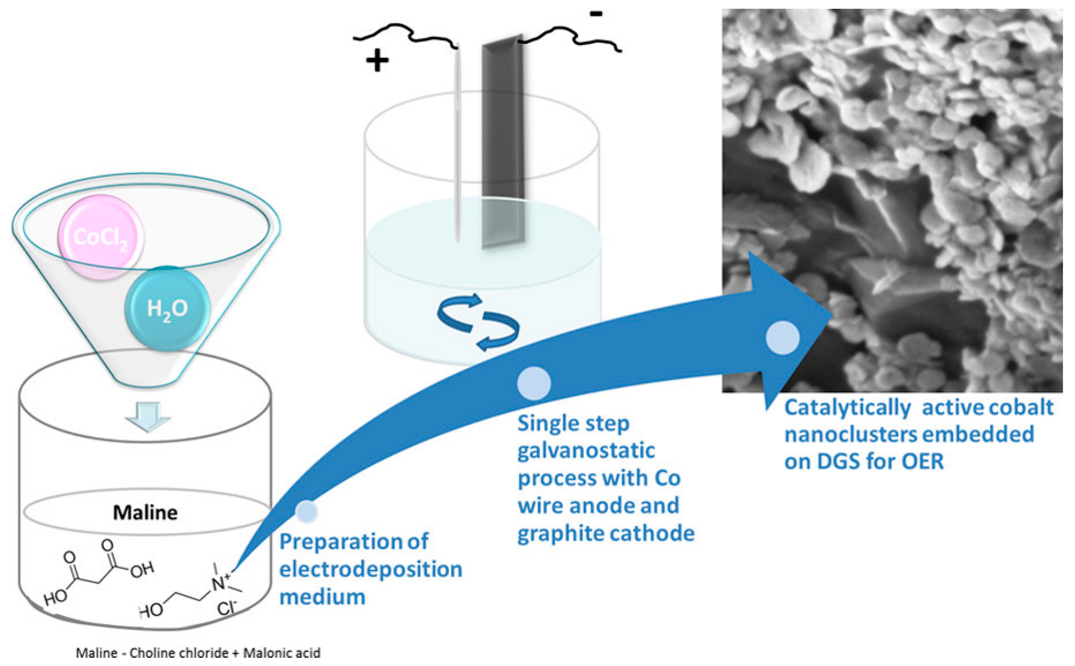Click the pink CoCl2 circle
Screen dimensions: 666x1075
tap(101, 237)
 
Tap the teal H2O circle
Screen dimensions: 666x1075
tap(168, 308)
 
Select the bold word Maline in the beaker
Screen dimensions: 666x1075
tap(145, 513)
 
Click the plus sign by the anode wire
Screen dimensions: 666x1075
tap(377, 61)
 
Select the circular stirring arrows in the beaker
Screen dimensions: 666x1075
tap(478, 321)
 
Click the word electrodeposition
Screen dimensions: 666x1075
tap(370, 569)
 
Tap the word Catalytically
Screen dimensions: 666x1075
tap(847, 408)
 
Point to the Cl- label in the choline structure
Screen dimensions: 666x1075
tap(227, 608)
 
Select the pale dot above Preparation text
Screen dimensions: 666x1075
tap(306, 511)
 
